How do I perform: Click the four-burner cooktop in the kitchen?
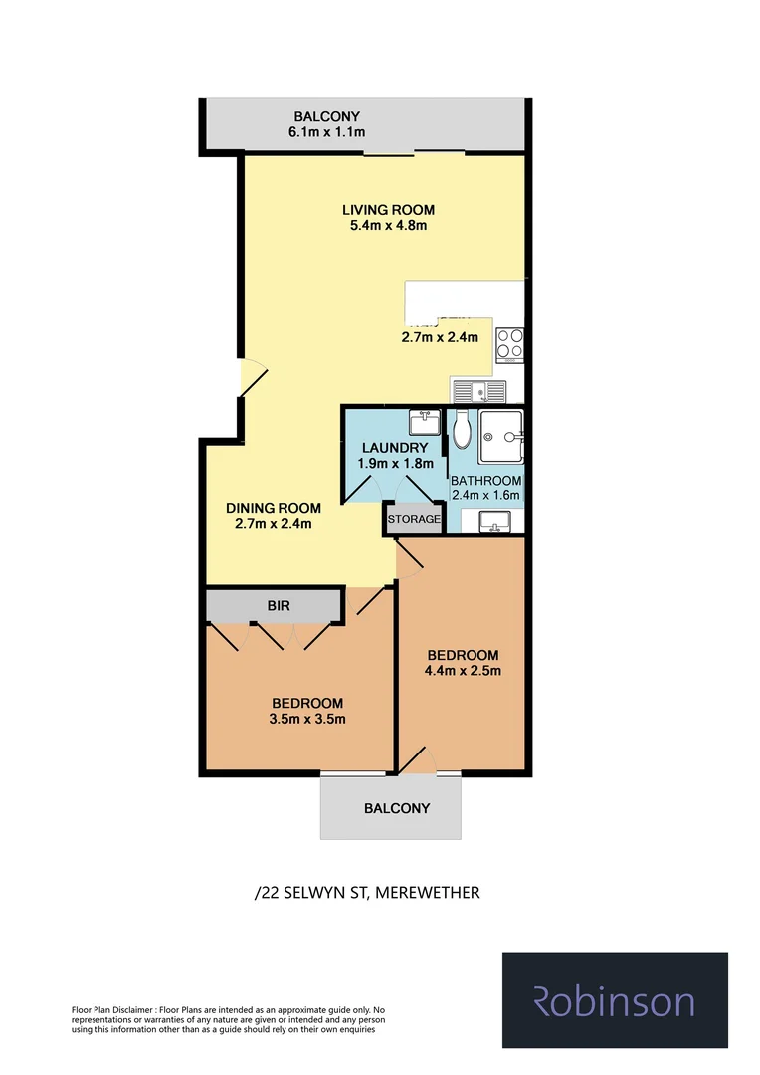(x=510, y=343)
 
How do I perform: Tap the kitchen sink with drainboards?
(x=478, y=390)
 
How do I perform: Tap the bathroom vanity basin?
(x=494, y=521)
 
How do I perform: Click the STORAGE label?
(x=414, y=520)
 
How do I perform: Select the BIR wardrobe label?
(x=279, y=604)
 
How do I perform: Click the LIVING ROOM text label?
(x=388, y=210)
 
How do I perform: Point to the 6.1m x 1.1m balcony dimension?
(x=326, y=132)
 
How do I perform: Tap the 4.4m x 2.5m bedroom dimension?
(x=463, y=670)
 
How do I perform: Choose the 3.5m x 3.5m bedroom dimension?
(x=306, y=719)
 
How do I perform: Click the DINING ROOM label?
(x=273, y=508)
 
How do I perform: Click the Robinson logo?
(x=615, y=1000)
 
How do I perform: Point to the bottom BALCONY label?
(x=397, y=808)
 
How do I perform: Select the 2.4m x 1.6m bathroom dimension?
(x=486, y=494)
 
